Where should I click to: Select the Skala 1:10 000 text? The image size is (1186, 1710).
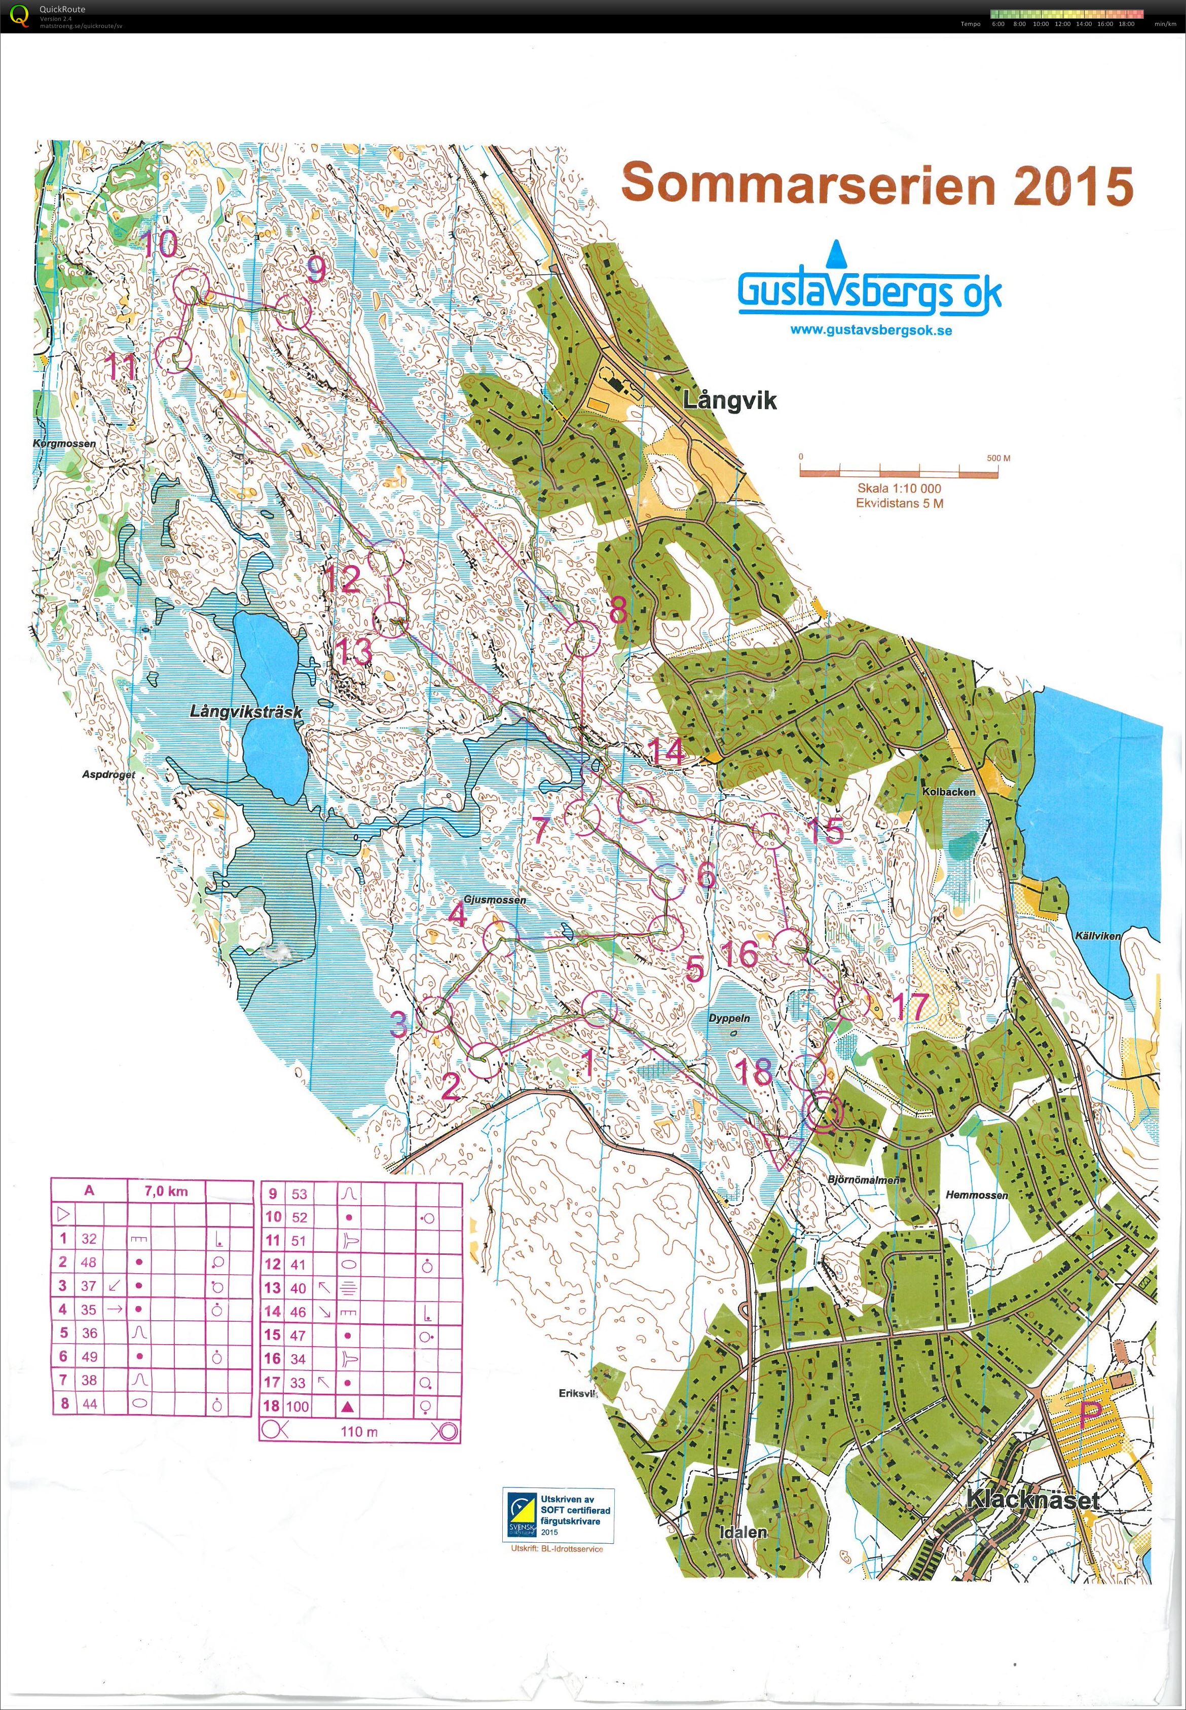(x=899, y=488)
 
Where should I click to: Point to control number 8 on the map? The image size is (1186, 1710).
(x=617, y=612)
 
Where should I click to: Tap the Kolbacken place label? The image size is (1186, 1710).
(x=948, y=792)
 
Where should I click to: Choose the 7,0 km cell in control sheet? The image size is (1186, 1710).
(x=167, y=1191)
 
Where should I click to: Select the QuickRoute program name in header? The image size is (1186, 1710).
(x=62, y=9)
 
